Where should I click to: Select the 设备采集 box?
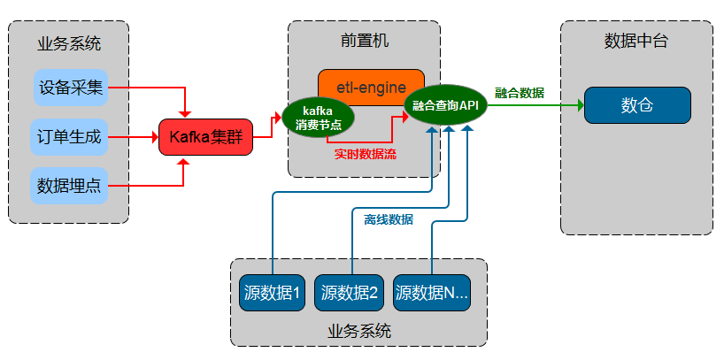click(70, 88)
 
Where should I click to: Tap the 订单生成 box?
click(70, 137)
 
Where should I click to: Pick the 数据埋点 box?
click(70, 186)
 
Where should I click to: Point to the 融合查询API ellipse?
click(445, 105)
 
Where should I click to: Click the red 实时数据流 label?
click(365, 154)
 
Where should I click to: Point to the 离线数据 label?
click(389, 219)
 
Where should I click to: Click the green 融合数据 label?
click(520, 93)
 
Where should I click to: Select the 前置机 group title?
click(364, 41)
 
